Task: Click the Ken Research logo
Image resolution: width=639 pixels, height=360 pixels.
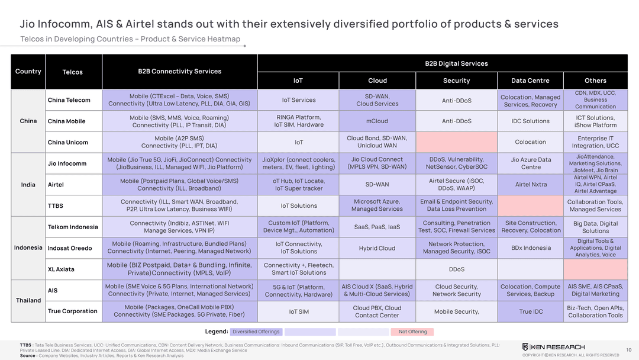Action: pos(553,346)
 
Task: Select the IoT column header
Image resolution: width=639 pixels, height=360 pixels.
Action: pos(298,81)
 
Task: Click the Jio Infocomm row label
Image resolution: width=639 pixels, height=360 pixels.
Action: pos(67,163)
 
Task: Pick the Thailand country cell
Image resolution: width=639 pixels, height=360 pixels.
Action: pos(28,300)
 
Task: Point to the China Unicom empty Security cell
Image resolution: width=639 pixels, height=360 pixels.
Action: pos(456,142)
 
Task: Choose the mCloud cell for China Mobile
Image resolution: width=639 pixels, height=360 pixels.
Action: pos(377,121)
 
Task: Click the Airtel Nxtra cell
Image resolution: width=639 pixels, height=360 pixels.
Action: pos(530,184)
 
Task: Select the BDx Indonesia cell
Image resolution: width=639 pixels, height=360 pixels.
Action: pos(530,248)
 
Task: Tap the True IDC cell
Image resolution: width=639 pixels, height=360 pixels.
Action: pos(530,311)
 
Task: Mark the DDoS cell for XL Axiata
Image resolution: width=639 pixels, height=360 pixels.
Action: pos(456,269)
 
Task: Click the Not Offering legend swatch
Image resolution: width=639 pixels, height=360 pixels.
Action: pos(412,332)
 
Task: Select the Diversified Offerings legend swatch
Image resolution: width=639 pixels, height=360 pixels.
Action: pos(256,332)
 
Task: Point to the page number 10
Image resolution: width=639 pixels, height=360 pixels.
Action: pos(628,349)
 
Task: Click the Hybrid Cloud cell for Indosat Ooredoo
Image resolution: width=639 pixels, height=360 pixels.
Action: pos(377,248)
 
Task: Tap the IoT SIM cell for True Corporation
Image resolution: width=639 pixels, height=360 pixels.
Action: pos(298,311)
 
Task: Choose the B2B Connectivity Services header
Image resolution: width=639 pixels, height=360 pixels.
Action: pos(179,72)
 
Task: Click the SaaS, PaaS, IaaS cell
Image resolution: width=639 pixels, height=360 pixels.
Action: pos(377,227)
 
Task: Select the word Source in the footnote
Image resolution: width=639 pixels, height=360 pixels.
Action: pos(27,356)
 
